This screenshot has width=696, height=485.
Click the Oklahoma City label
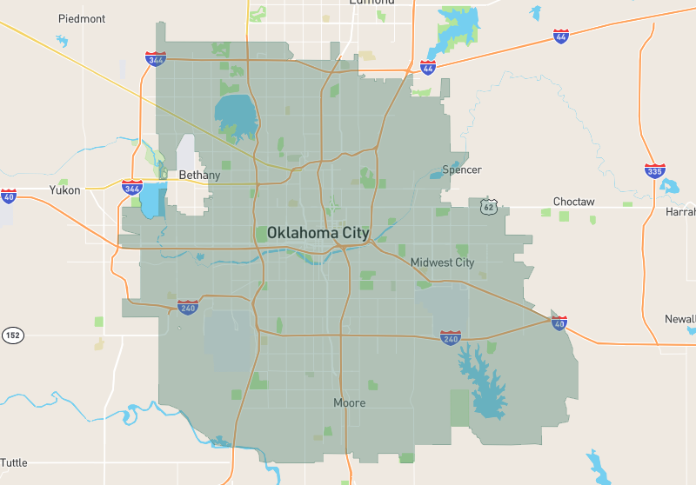318,233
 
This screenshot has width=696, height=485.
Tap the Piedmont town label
82,18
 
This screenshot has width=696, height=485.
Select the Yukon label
64,189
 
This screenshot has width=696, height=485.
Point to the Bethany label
199,175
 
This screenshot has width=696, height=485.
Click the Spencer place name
461,169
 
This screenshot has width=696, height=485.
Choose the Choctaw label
573,202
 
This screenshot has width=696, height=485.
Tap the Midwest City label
442,262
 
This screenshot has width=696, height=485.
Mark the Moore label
350,403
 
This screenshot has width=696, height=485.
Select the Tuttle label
13,462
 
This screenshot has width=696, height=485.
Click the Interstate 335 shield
655,170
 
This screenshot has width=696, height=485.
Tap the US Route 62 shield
489,205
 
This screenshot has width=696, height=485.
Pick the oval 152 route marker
12,335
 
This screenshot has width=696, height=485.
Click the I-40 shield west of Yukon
8,196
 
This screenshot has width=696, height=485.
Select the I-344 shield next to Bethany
132,187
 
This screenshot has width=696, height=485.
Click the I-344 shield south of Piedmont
156,59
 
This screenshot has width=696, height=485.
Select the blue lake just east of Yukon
151,200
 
